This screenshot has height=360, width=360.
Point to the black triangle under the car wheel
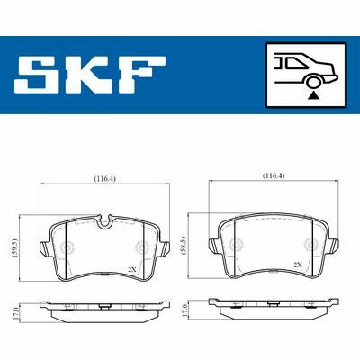pyautogui.click(x=311, y=93)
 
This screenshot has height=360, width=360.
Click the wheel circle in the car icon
pyautogui.click(x=311, y=79)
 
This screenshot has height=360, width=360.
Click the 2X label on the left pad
pyautogui.click(x=131, y=269)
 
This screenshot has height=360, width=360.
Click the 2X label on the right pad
pyautogui.click(x=298, y=265)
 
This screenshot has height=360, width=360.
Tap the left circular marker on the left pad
pyautogui.click(x=70, y=248)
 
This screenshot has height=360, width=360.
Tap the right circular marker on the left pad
pyautogui.click(x=140, y=248)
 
